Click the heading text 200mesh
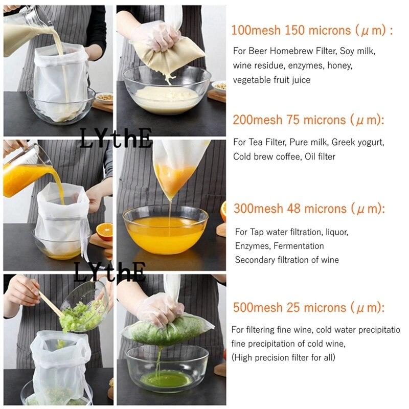pos(258,120)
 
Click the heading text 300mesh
pos(258,209)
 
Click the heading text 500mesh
pos(258,307)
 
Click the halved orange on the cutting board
pos(105,232)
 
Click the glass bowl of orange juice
pos(166,229)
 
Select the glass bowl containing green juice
pos(167,368)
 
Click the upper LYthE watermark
pos(116,138)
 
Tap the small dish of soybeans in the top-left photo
pos(105,98)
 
